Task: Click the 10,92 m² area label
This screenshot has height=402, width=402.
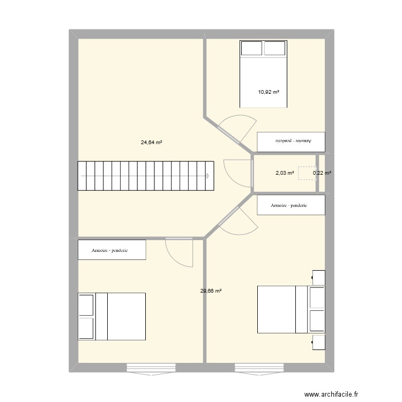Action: click(x=269, y=92)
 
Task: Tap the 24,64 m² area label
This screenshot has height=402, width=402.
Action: click(x=152, y=143)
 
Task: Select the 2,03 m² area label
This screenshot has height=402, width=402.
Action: click(x=285, y=173)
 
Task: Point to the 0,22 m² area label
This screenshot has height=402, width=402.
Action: click(x=322, y=173)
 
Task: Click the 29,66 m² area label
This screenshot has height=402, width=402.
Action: click(x=211, y=291)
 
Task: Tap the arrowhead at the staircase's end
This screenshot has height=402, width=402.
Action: click(x=207, y=176)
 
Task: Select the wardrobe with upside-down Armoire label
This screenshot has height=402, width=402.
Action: click(x=291, y=142)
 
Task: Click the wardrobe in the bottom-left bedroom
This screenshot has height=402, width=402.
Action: click(x=111, y=250)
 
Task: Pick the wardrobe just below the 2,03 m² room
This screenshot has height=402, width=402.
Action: click(x=291, y=205)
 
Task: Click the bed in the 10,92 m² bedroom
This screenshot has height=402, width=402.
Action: click(x=263, y=74)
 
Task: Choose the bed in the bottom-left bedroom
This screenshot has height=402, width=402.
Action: click(x=111, y=316)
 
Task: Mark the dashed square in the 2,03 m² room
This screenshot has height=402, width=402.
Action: click(x=307, y=173)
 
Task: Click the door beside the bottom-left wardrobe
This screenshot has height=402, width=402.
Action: click(x=178, y=251)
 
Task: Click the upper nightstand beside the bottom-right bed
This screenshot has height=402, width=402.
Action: click(x=318, y=278)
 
